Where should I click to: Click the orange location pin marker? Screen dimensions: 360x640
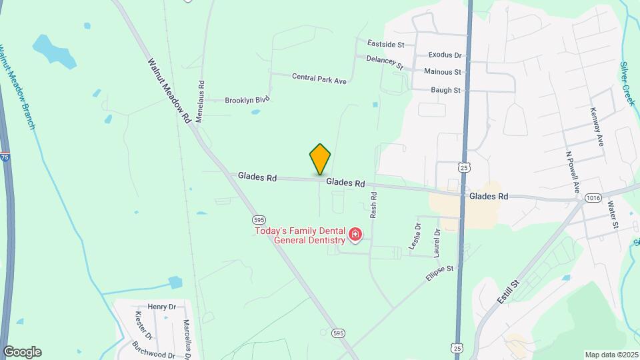320,159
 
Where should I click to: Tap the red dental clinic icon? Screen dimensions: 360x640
355,234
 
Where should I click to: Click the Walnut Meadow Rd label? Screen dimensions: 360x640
170,90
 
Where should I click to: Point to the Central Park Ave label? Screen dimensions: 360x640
319,79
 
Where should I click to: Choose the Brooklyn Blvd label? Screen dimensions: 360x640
247,101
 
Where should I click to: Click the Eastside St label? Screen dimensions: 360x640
386,45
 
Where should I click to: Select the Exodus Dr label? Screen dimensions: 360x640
445,55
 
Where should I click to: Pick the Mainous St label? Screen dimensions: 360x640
443,71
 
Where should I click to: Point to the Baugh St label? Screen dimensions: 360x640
445,90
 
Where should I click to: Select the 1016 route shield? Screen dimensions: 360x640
593,198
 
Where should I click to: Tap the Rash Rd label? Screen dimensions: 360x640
374,205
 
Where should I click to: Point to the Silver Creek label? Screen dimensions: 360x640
627,83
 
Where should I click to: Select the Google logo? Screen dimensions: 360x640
22,352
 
